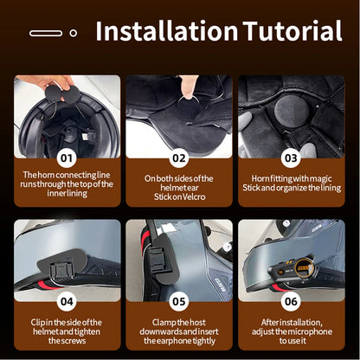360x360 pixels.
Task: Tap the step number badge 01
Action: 67,158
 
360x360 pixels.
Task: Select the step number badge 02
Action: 179,158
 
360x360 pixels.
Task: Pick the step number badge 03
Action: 291,158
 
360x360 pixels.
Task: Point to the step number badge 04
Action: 67,303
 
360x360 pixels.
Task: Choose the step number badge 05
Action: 179,303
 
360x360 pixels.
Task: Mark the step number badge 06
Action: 291,303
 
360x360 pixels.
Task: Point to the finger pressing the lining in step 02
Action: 186,87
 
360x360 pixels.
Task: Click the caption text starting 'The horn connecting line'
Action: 67,184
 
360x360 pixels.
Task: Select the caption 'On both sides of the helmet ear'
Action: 179,184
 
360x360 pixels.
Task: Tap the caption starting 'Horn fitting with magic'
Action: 291,184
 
